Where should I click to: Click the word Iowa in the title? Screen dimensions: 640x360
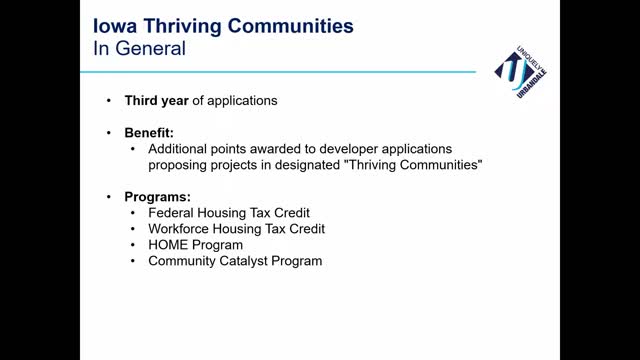(115, 26)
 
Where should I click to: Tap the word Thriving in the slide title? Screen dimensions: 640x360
(182, 27)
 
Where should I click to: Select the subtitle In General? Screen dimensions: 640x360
(139, 48)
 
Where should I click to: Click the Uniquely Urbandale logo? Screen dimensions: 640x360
(520, 72)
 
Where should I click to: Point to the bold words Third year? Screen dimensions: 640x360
(156, 101)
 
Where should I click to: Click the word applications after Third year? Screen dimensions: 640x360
(242, 101)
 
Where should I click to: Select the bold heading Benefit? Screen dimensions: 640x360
(149, 133)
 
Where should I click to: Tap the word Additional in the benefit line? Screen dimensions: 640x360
(178, 149)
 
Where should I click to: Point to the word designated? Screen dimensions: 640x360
(307, 165)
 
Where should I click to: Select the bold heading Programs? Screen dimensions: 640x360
(158, 197)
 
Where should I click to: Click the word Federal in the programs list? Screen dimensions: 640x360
(171, 213)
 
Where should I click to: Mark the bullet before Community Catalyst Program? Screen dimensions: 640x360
(133, 261)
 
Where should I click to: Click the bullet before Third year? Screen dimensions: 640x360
(109, 100)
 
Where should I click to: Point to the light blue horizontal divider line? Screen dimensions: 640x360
(278, 72)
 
